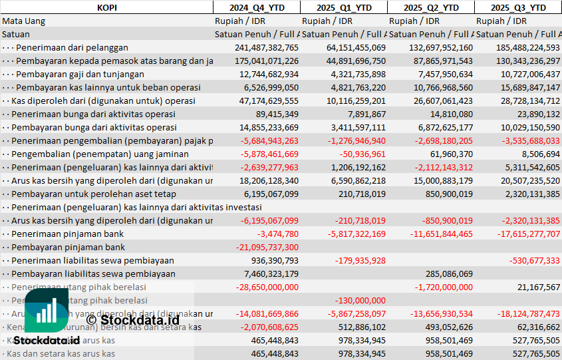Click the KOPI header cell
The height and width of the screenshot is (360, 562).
tap(106, 7)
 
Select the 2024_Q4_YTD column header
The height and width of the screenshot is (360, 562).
tap(256, 7)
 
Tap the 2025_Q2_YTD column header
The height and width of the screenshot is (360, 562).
tap(431, 7)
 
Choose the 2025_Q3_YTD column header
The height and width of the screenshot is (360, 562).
tap(518, 7)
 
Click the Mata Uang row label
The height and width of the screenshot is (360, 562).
tap(23, 21)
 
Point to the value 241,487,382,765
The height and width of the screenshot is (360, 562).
tap(267, 47)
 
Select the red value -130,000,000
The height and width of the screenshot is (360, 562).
tap(360, 300)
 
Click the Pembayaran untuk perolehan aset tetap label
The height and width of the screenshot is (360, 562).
tap(94, 194)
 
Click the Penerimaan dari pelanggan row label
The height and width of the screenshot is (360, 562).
tap(72, 47)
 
